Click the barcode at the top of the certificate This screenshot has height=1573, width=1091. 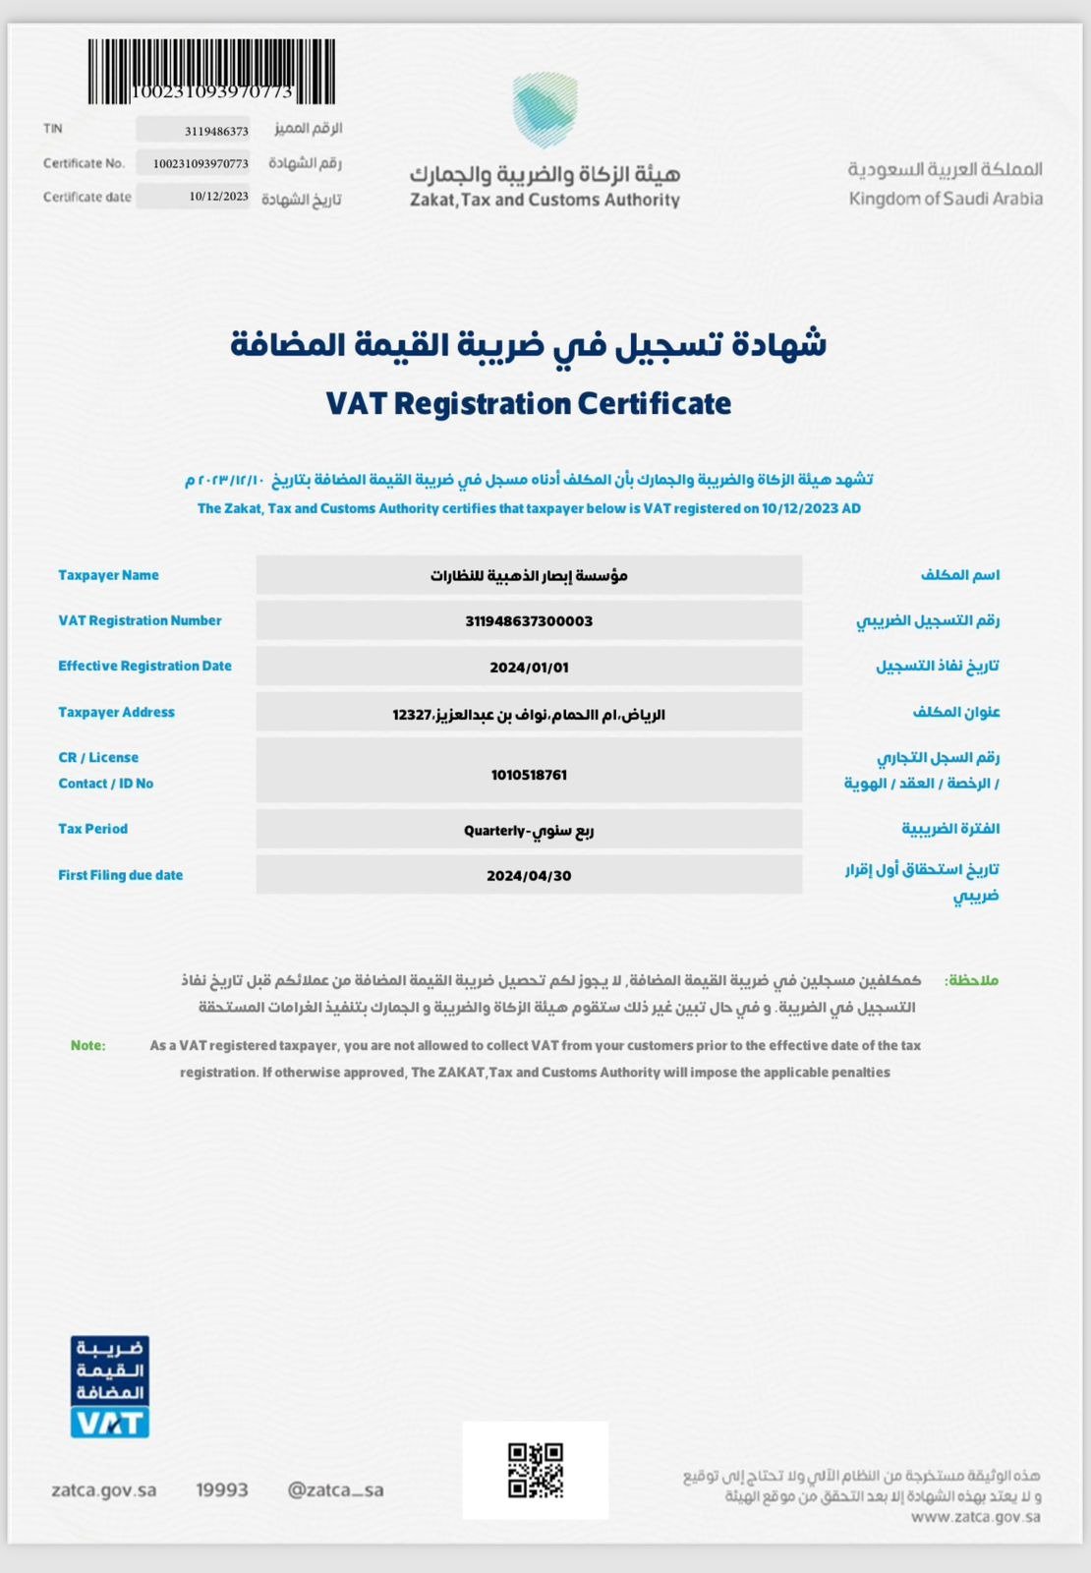click(x=211, y=71)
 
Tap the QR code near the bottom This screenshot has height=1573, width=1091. click(x=536, y=1470)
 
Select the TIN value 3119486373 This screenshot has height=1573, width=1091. click(x=216, y=131)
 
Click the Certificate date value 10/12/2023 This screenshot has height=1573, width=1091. click(x=218, y=197)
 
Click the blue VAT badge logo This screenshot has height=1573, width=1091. click(x=110, y=1387)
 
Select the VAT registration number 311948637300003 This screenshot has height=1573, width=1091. click(x=529, y=621)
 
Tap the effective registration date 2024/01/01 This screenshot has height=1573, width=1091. click(x=529, y=668)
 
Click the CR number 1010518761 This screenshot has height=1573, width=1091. click(x=529, y=775)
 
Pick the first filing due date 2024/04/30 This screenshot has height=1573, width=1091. click(x=529, y=876)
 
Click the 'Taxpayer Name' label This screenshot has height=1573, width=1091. click(x=108, y=575)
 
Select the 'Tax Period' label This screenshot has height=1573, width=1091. click(x=92, y=829)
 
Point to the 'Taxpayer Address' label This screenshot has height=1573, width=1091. click(x=116, y=712)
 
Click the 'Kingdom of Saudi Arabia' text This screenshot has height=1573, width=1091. click(x=946, y=199)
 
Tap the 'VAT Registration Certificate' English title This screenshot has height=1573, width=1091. click(x=529, y=404)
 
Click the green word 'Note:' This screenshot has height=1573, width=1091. click(x=87, y=1045)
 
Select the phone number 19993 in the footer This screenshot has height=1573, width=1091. click(x=222, y=1489)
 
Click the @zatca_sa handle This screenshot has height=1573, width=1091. click(x=335, y=1489)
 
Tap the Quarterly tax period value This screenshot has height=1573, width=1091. click(x=529, y=831)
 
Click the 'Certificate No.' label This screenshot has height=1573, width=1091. click(x=84, y=163)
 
